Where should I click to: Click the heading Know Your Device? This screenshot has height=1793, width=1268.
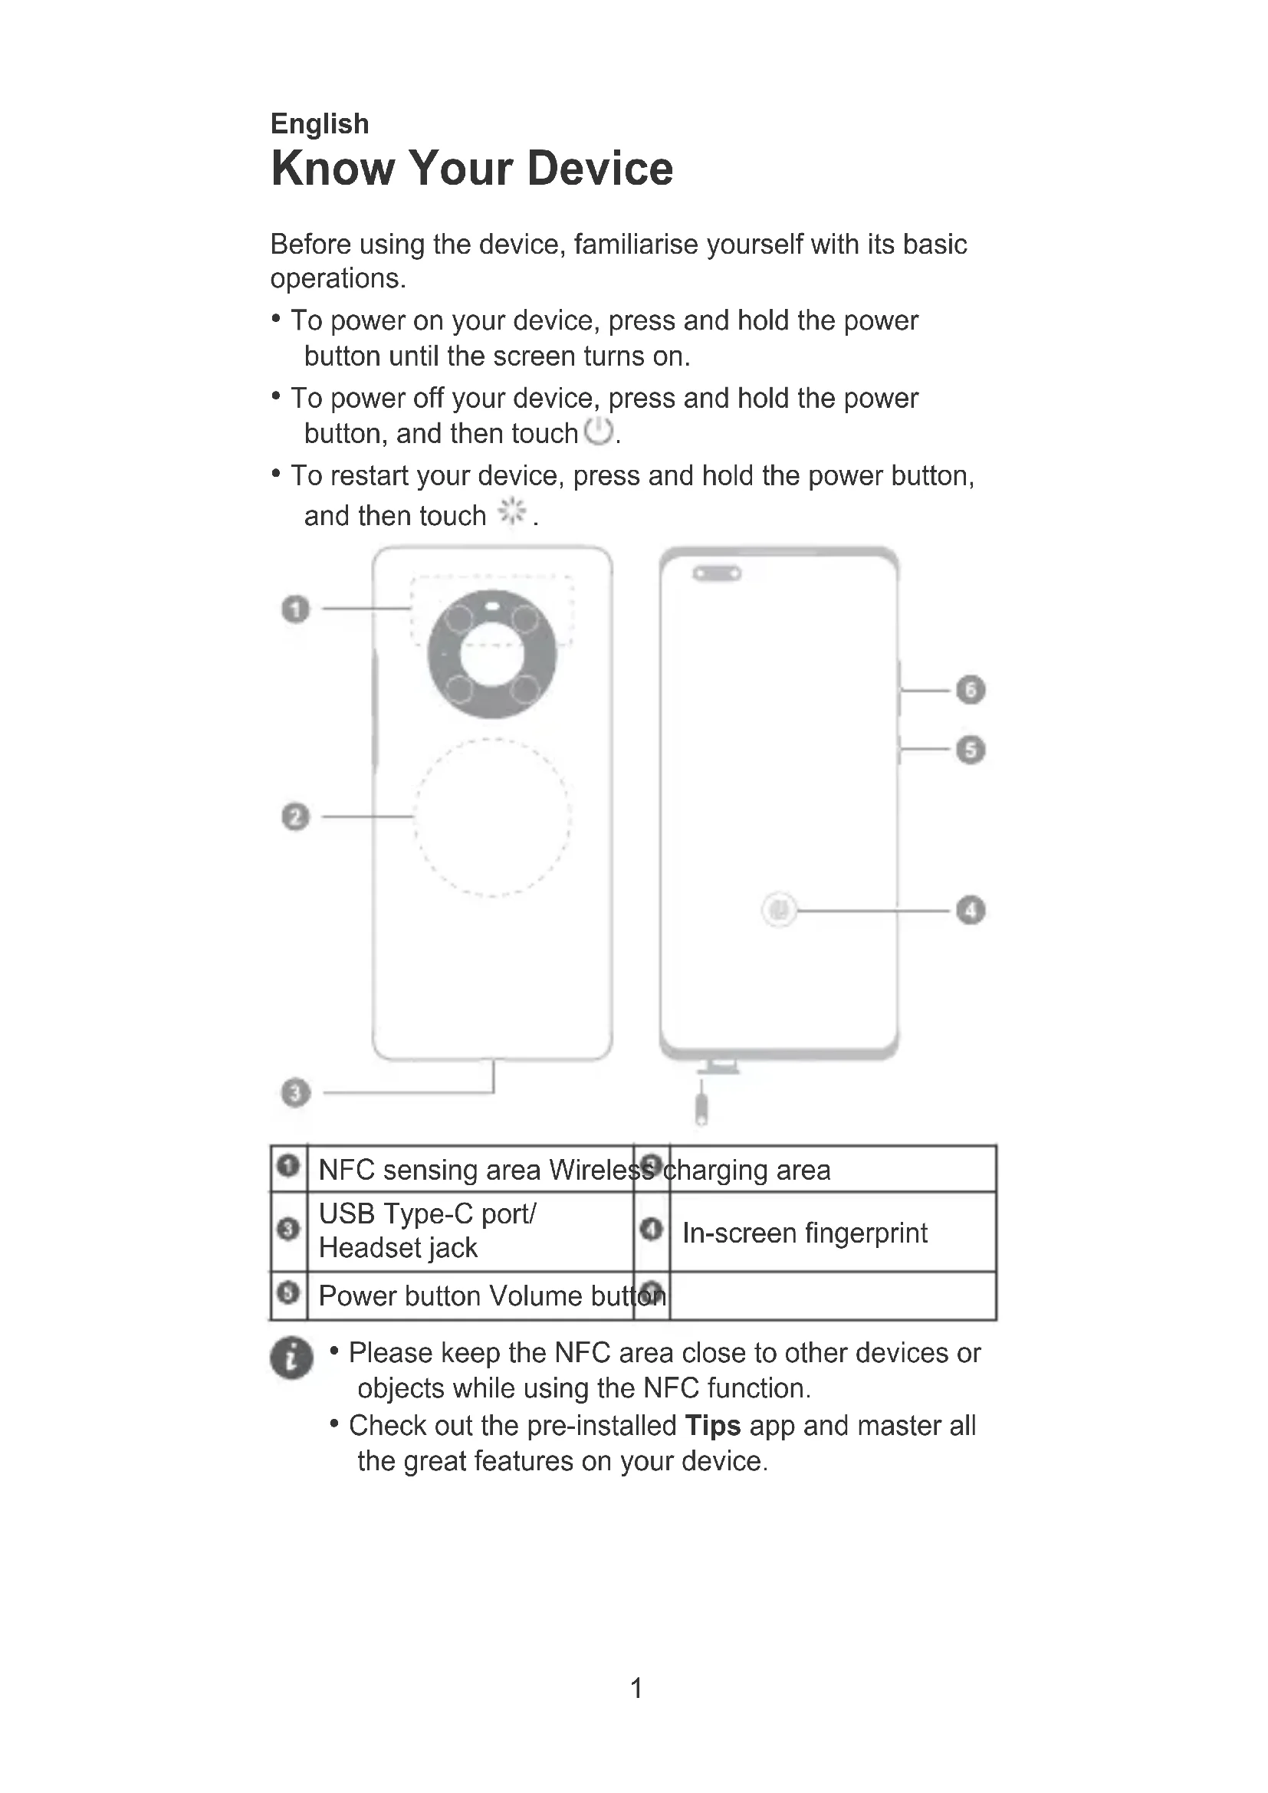[x=471, y=168]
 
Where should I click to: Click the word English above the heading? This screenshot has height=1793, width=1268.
[x=320, y=123]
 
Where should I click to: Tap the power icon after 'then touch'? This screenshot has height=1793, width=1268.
[x=599, y=431]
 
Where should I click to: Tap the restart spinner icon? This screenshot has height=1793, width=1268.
[x=512, y=511]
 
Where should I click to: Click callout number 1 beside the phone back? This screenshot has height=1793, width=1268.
[x=295, y=609]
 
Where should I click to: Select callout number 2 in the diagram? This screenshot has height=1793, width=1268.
[x=295, y=817]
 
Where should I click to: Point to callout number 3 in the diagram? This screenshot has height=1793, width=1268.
[x=295, y=1092]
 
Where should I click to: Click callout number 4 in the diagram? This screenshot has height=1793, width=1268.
[x=971, y=911]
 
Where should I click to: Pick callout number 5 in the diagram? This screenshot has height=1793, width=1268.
[x=971, y=750]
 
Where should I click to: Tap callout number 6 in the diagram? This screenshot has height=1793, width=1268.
[x=971, y=690]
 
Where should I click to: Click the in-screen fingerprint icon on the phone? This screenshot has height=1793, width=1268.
[x=778, y=910]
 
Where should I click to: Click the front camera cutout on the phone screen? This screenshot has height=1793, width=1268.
[x=717, y=575]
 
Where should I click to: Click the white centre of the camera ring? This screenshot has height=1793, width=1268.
[x=492, y=655]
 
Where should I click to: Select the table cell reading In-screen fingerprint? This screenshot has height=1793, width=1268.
[x=804, y=1233]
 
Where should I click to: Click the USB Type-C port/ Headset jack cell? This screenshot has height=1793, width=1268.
[x=427, y=1231]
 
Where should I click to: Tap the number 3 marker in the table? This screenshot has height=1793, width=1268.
[x=288, y=1229]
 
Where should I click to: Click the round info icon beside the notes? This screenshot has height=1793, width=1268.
[x=291, y=1358]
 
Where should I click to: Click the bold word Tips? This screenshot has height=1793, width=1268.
[x=712, y=1425]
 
